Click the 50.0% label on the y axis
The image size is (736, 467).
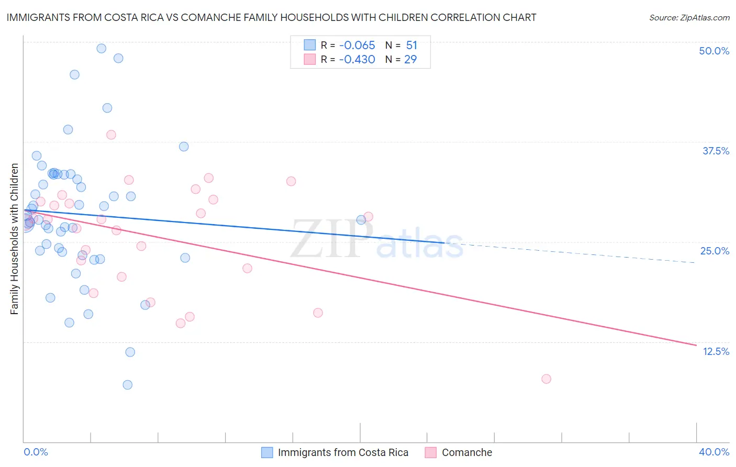(714, 51)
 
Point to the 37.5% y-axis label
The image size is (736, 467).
(716, 151)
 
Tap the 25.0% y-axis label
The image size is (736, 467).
(715, 251)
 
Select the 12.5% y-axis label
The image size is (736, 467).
(716, 351)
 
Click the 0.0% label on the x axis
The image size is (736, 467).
(36, 452)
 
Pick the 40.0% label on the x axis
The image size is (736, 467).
(713, 452)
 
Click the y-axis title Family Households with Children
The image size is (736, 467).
(14, 239)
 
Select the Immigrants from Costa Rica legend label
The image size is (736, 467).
(343, 452)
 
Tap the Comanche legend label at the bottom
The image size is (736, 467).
(467, 452)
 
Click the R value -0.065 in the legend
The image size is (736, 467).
(357, 46)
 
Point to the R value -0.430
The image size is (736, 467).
(357, 60)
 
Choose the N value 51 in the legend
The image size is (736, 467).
(411, 46)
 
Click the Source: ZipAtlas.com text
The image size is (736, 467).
(689, 18)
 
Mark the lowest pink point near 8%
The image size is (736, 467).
(546, 379)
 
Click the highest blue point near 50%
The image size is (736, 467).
(102, 48)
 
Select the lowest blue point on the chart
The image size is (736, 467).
(127, 385)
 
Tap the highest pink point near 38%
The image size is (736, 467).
(111, 135)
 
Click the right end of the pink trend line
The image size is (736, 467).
(696, 345)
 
